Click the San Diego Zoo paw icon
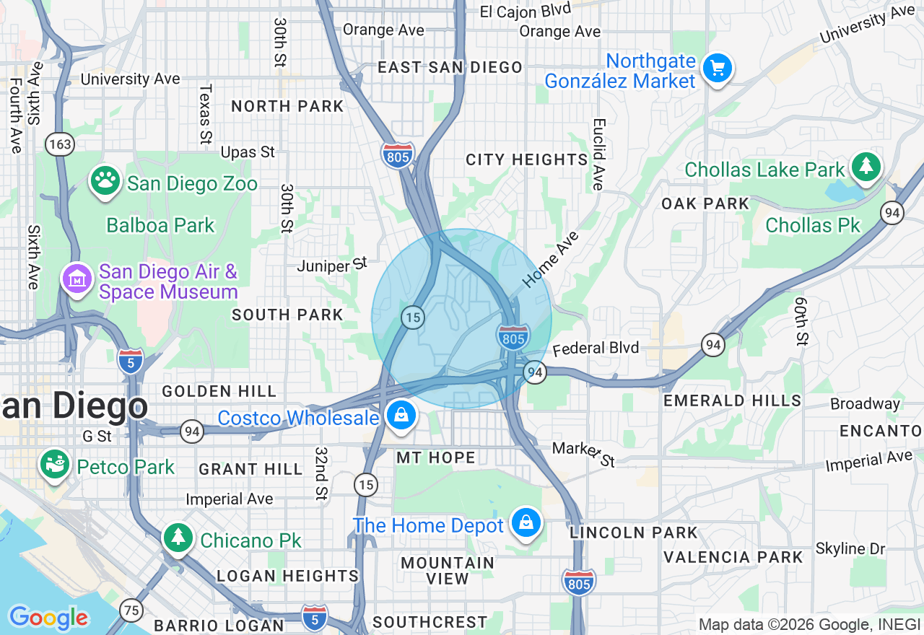(105, 182)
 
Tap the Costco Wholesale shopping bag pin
(399, 416)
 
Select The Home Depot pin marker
(526, 523)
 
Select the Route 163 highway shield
(60, 144)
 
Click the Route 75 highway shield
(131, 609)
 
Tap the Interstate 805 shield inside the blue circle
(513, 337)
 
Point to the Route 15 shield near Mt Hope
(366, 485)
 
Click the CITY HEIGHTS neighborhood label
(526, 159)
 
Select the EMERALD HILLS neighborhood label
(732, 400)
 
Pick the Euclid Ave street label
(597, 154)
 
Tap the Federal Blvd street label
(596, 349)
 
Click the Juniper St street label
(333, 266)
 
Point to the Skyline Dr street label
(850, 548)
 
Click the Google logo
(48, 618)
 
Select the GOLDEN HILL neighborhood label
(219, 391)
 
